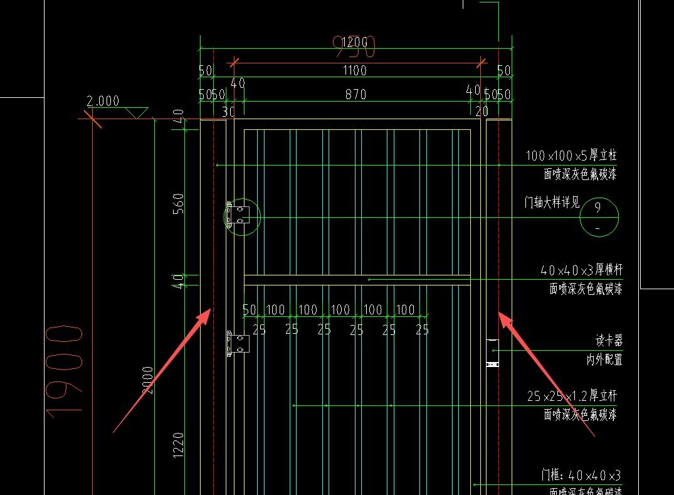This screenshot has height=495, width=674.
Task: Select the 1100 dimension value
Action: point(355,71)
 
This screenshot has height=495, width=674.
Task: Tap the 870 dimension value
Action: point(355,95)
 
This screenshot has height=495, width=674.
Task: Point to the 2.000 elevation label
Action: point(103,101)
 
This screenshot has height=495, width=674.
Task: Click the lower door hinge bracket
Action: point(238,344)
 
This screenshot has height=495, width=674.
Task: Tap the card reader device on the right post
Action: point(493,353)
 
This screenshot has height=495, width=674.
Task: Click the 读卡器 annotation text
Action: point(609,341)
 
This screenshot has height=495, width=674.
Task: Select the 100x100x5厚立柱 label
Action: point(571,156)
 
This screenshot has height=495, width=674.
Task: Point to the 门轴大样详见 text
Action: point(552,203)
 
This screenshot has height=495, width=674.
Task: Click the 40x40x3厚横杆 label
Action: point(581,270)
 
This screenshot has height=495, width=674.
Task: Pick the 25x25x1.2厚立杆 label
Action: point(572,396)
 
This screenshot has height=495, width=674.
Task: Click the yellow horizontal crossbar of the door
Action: point(357,280)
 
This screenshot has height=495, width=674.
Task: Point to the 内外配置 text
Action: point(604,359)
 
